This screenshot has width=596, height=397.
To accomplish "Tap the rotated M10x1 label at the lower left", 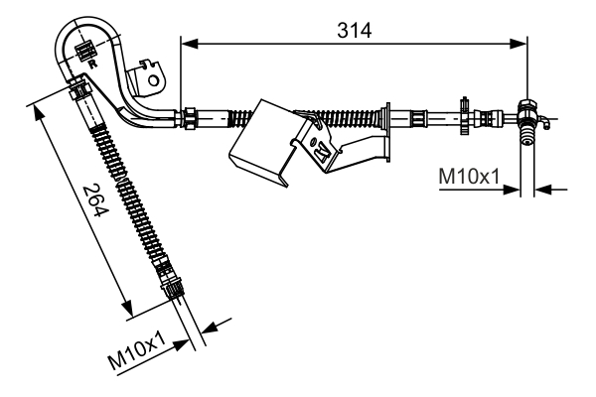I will [139, 351].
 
